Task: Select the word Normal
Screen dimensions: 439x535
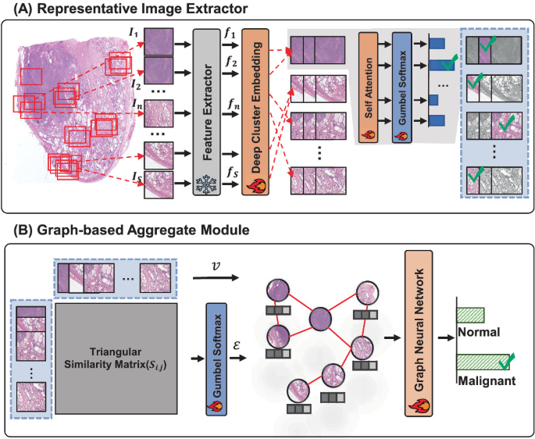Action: click(x=476, y=331)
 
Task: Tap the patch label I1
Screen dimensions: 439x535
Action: click(x=137, y=32)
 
